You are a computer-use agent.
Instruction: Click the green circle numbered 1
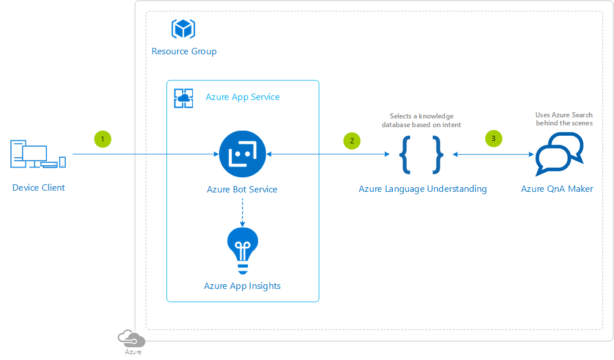103,139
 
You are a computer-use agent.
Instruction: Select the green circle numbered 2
352,141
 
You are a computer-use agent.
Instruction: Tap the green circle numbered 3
493,139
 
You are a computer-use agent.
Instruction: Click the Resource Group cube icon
183,28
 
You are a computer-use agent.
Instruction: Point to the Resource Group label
184,51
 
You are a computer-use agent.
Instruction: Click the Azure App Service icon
184,98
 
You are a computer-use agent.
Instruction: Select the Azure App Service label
243,97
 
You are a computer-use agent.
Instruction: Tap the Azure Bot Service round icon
243,154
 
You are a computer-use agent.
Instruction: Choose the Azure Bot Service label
242,190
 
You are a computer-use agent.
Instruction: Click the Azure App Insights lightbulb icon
243,251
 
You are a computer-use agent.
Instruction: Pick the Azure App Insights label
243,287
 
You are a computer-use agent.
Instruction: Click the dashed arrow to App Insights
243,213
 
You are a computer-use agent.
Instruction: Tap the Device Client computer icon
38,154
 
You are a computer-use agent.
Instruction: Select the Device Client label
38,188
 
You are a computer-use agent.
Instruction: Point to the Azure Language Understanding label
423,189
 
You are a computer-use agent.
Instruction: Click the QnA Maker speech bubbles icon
559,154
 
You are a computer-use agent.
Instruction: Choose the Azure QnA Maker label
557,189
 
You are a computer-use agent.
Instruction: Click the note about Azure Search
564,119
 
